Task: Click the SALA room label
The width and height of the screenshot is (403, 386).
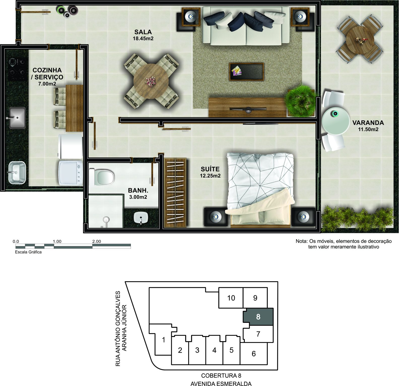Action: pyautogui.click(x=143, y=32)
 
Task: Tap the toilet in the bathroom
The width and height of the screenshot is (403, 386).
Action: pyautogui.click(x=102, y=176)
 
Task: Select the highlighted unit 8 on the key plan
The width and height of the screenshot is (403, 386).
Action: pyautogui.click(x=258, y=317)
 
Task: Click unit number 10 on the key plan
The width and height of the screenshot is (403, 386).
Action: pyautogui.click(x=231, y=298)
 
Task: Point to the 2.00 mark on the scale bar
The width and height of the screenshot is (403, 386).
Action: pyautogui.click(x=96, y=241)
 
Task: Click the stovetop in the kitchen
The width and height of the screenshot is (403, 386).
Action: pyautogui.click(x=17, y=69)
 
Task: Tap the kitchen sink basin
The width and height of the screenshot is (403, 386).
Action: pyautogui.click(x=17, y=118)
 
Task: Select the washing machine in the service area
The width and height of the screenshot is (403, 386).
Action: pyautogui.click(x=71, y=173)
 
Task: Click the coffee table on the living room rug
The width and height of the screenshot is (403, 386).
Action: pyautogui.click(x=246, y=71)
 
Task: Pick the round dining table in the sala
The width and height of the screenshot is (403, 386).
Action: pyautogui.click(x=151, y=81)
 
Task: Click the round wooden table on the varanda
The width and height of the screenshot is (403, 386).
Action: pyautogui.click(x=360, y=40)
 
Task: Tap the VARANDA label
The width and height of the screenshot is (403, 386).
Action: pyautogui.click(x=368, y=123)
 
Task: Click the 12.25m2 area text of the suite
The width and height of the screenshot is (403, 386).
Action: pyautogui.click(x=210, y=176)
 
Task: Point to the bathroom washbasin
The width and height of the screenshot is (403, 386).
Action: pyautogui.click(x=141, y=218)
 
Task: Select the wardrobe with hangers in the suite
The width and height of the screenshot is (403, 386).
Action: pyautogui.click(x=175, y=193)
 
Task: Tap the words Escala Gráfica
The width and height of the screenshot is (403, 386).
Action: pyautogui.click(x=28, y=252)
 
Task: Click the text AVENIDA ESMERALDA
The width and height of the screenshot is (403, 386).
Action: pyautogui.click(x=221, y=383)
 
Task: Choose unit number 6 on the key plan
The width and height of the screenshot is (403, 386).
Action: pyautogui.click(x=254, y=353)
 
